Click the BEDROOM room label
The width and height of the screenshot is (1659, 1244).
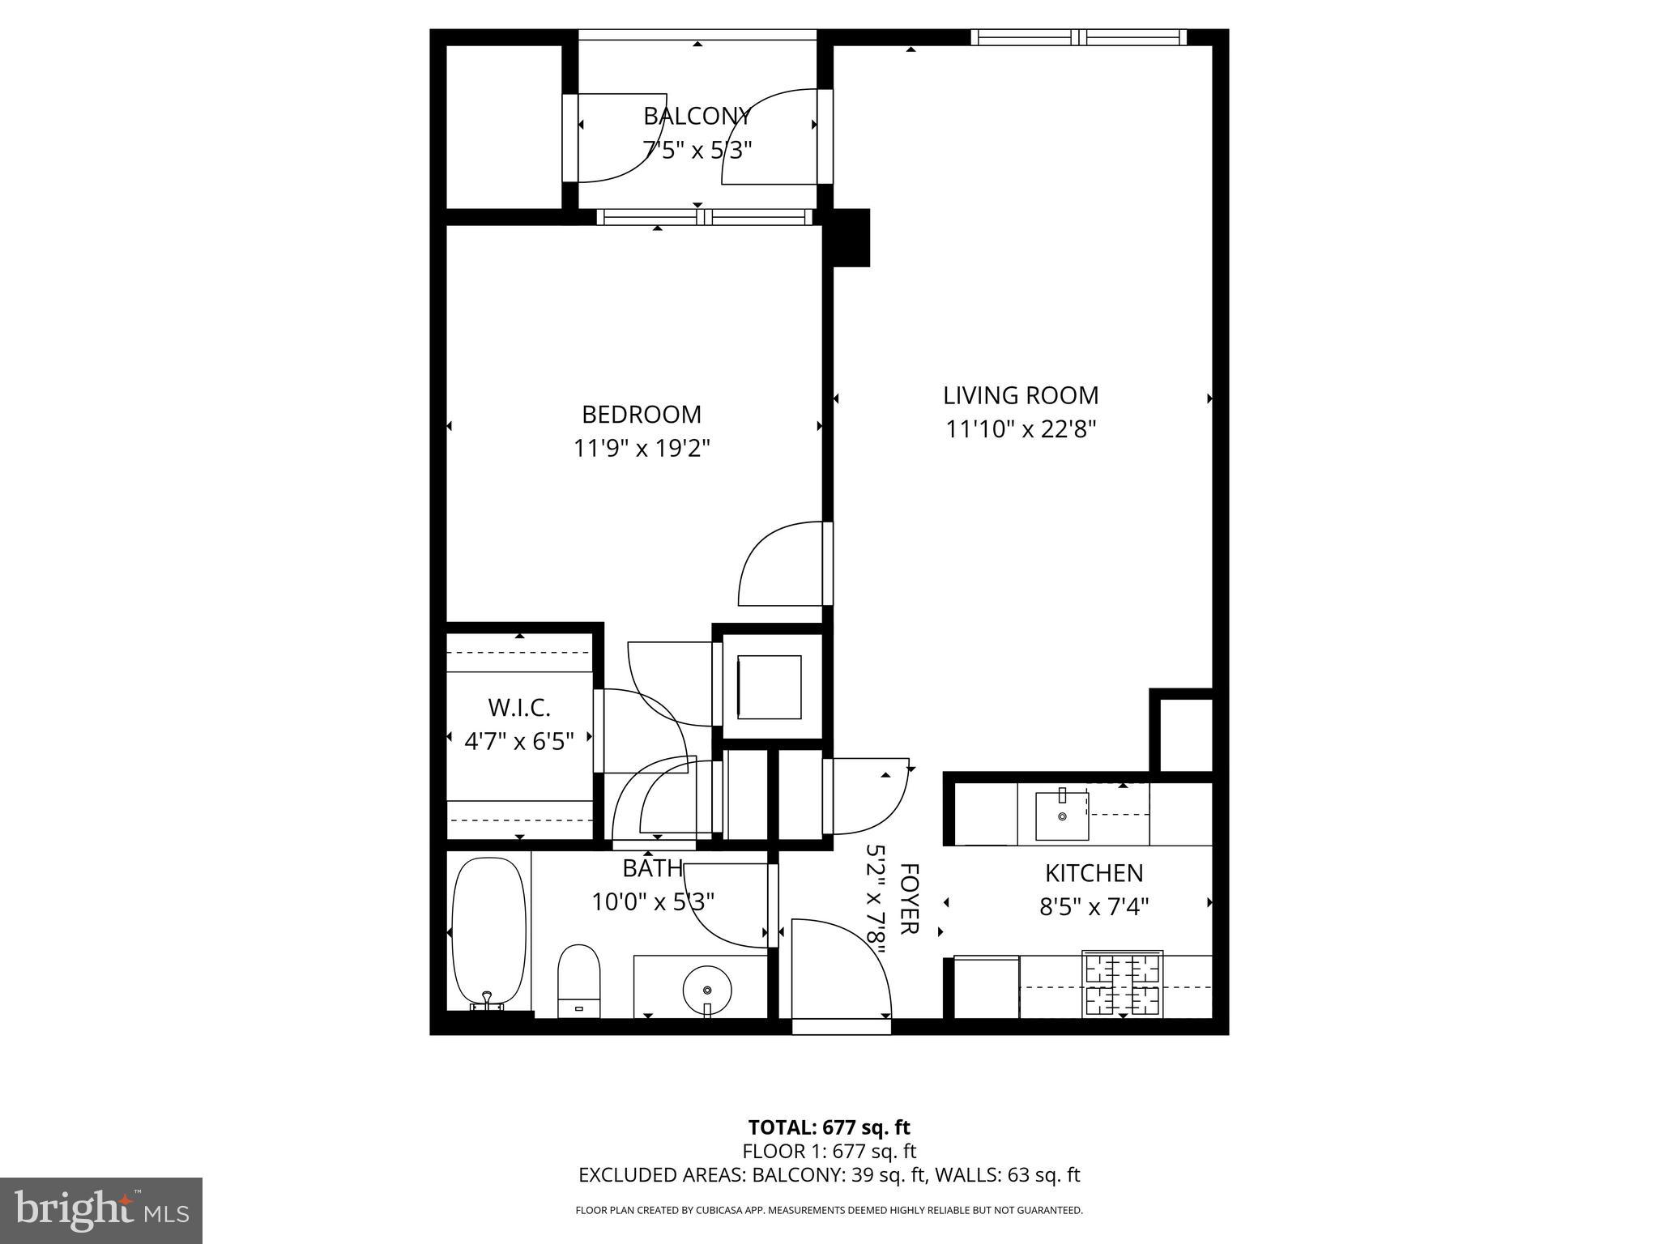641,415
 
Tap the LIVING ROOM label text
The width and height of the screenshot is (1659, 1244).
1020,395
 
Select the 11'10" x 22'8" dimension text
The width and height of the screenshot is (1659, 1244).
1020,429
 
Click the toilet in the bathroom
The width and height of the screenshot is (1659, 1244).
578,981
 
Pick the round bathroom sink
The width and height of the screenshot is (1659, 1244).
707,989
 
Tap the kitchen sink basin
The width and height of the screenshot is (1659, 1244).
1061,816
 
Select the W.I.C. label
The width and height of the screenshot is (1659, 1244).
518,708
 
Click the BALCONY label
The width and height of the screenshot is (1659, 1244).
697,117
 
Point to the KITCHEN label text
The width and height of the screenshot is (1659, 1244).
1094,873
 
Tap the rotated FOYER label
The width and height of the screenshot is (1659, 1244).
909,898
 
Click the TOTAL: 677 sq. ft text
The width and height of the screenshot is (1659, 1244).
829,1127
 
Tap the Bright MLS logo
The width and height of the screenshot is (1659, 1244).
101,1211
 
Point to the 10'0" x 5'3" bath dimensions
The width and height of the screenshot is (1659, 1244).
652,901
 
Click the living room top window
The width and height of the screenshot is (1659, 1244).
1078,36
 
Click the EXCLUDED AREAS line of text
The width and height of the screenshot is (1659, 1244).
829,1175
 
